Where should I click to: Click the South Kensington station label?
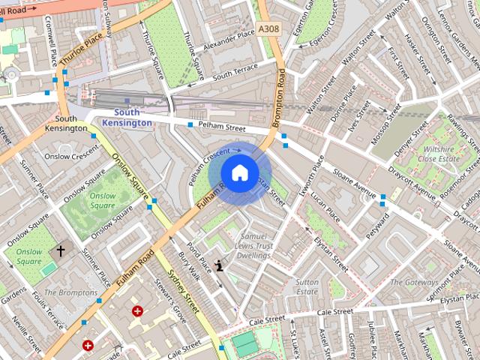(127, 117)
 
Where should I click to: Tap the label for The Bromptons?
(70, 292)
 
